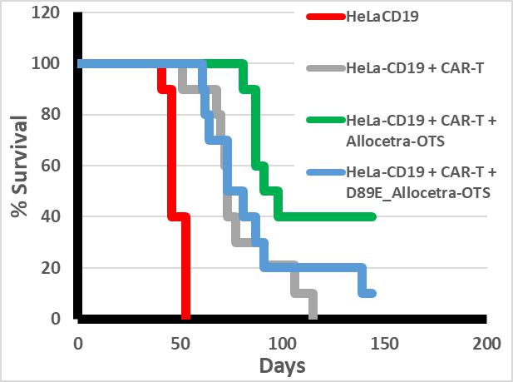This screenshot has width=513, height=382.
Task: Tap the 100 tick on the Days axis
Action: click(x=282, y=342)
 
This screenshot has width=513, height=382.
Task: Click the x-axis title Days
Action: click(x=282, y=365)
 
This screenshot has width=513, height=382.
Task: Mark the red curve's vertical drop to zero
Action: click(x=185, y=266)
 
